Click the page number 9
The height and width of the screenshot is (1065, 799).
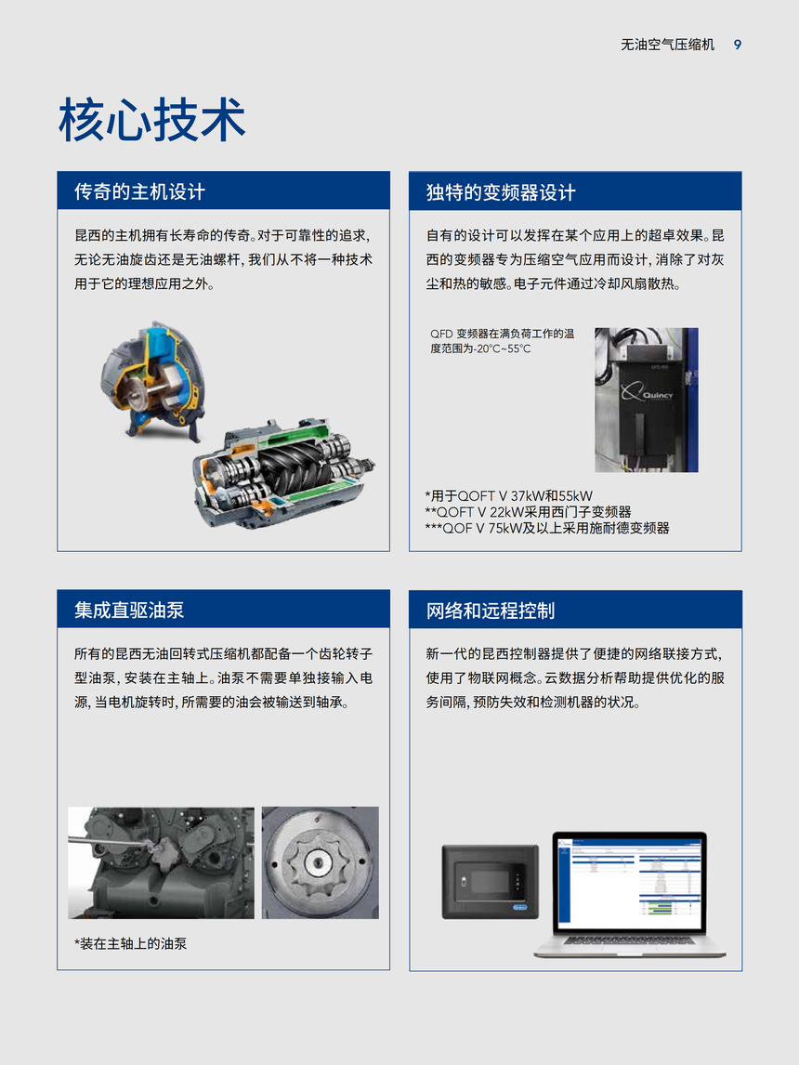pyautogui.click(x=738, y=45)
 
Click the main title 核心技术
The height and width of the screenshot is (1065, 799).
pyautogui.click(x=152, y=120)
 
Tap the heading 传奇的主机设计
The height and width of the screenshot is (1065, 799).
pyautogui.click(x=140, y=191)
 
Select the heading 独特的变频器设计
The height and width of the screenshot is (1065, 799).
pyautogui.click(x=501, y=192)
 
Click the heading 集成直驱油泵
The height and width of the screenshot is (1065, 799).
pyautogui.click(x=130, y=610)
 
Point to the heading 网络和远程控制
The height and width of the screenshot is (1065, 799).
pyautogui.click(x=491, y=611)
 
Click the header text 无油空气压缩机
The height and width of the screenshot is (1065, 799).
pyautogui.click(x=668, y=45)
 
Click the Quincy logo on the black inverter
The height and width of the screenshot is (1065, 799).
pyautogui.click(x=647, y=392)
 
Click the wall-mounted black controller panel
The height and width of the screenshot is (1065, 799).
pyautogui.click(x=491, y=882)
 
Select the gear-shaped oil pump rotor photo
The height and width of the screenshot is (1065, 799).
pyautogui.click(x=321, y=862)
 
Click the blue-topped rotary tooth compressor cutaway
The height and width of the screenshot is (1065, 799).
pyautogui.click(x=153, y=380)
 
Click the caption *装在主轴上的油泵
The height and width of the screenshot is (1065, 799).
pyautogui.click(x=130, y=943)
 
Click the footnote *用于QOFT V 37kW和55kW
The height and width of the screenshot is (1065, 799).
pyautogui.click(x=508, y=496)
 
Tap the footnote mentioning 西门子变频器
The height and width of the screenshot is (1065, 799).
pyautogui.click(x=528, y=511)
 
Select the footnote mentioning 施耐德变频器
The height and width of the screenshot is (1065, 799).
pyautogui.click(x=547, y=528)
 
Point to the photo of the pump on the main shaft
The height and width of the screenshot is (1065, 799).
pyautogui.click(x=161, y=862)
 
